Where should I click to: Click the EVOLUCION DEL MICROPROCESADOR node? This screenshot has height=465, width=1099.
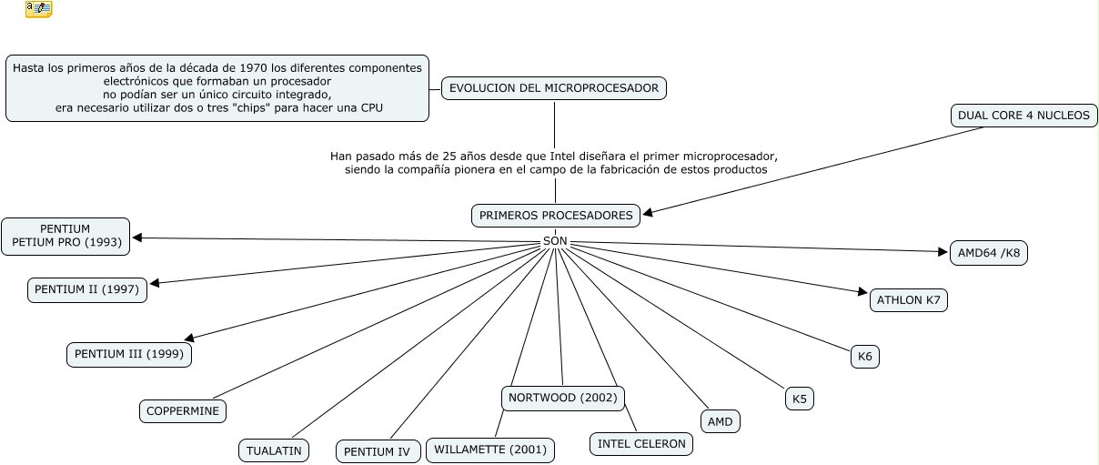tap(554, 88)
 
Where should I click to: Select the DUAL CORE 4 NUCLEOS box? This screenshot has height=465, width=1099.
tap(1023, 116)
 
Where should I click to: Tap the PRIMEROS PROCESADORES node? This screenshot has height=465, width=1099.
tap(555, 216)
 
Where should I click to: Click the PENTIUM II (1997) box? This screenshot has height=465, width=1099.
tap(86, 289)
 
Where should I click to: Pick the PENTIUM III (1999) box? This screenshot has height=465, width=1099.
tap(129, 354)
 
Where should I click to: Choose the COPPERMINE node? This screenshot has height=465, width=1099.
tap(183, 411)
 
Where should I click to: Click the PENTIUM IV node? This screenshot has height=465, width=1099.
tap(378, 451)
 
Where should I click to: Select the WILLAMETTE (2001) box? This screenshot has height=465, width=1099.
tap(489, 450)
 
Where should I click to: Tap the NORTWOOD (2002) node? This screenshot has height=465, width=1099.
tap(562, 398)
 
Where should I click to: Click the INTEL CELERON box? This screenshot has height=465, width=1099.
tap(641, 444)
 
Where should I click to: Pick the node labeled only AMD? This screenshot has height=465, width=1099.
tap(721, 421)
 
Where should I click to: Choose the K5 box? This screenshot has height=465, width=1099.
tap(799, 399)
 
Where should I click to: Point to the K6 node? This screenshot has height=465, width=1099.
tap(864, 357)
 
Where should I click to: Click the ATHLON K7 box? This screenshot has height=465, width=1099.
tap(909, 300)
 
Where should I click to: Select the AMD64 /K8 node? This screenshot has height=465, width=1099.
tap(988, 253)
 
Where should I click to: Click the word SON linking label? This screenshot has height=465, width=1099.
tap(554, 241)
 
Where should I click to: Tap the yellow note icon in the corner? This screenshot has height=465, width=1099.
tap(38, 9)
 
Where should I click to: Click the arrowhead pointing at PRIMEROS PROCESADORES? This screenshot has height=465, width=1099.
tap(648, 214)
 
